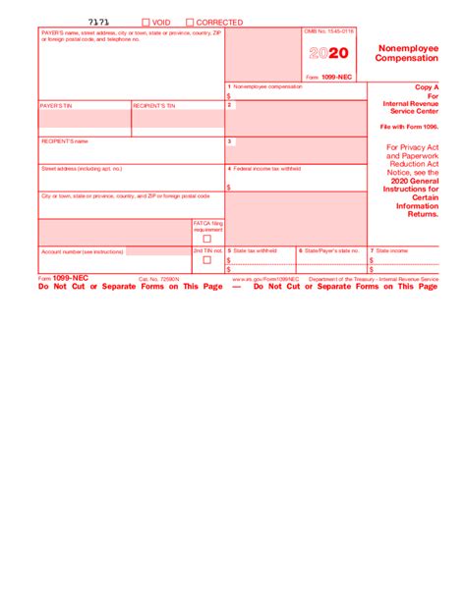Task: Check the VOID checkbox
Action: pyautogui.click(x=146, y=22)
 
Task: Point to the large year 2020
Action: pyautogui.click(x=329, y=55)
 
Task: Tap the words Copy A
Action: pyautogui.click(x=427, y=87)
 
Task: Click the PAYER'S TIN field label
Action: pyautogui.click(x=56, y=104)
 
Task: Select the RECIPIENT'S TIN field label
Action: pyautogui.click(x=154, y=104)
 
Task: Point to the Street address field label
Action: pyautogui.click(x=82, y=168)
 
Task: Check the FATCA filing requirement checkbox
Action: pyautogui.click(x=206, y=239)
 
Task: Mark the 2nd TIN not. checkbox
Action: pyautogui.click(x=206, y=260)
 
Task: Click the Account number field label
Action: pyautogui.click(x=82, y=251)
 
